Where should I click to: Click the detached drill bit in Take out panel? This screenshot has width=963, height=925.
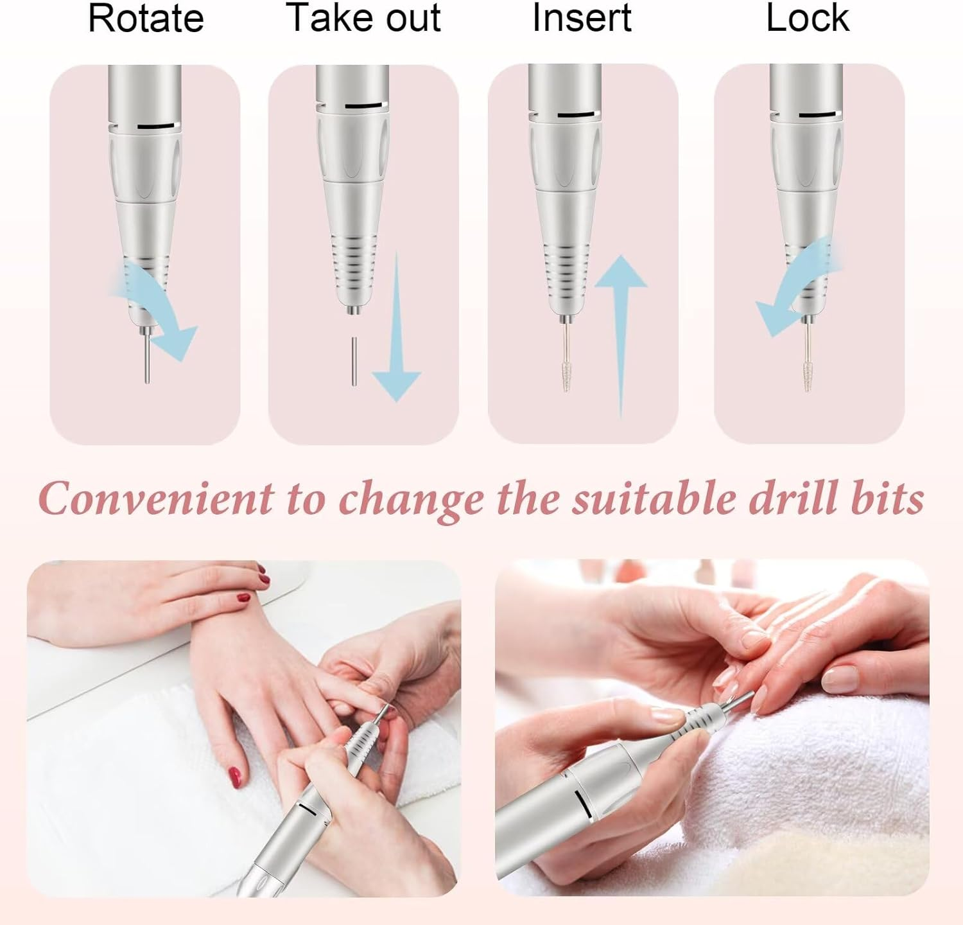pyautogui.click(x=354, y=361)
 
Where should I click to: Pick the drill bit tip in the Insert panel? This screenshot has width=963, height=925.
pyautogui.click(x=566, y=376)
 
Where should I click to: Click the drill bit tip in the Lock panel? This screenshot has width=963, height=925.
pyautogui.click(x=807, y=376)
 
